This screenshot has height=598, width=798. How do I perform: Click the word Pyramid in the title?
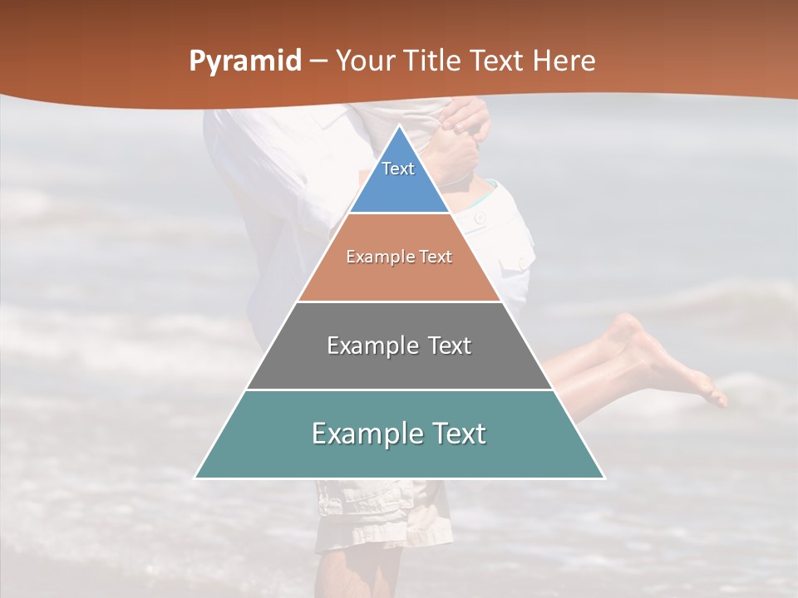(x=244, y=61)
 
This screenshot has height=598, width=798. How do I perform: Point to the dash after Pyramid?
(x=318, y=61)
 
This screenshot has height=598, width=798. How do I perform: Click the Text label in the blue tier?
(x=398, y=169)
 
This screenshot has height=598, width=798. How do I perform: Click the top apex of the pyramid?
(x=399, y=126)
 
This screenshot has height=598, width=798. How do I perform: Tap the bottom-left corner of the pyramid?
(x=196, y=478)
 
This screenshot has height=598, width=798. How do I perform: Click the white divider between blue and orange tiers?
(x=399, y=213)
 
